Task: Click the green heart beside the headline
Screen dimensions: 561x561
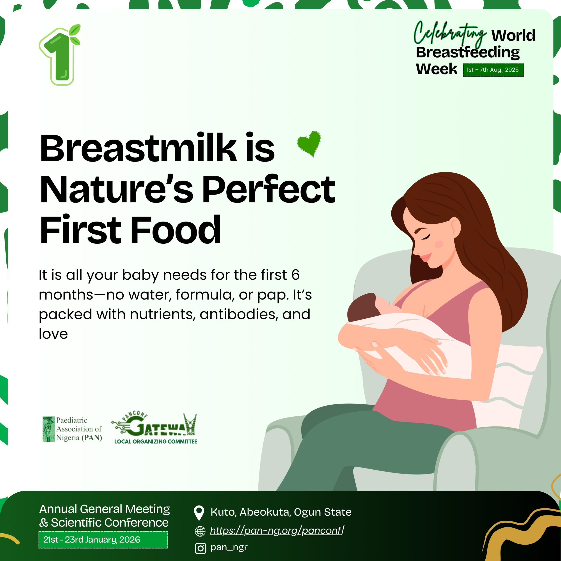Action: tap(309, 144)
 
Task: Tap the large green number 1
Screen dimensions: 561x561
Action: tap(60, 55)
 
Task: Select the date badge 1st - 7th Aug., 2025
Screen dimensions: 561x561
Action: tap(493, 70)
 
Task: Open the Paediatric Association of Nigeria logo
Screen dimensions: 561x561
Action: tap(72, 429)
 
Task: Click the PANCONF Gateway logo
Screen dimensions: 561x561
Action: tap(154, 425)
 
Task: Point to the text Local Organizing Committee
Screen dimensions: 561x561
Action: tap(156, 442)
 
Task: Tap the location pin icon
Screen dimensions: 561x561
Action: tap(199, 513)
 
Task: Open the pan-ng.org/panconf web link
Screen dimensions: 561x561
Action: tap(277, 531)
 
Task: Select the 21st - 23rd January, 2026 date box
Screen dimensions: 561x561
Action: tap(103, 540)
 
